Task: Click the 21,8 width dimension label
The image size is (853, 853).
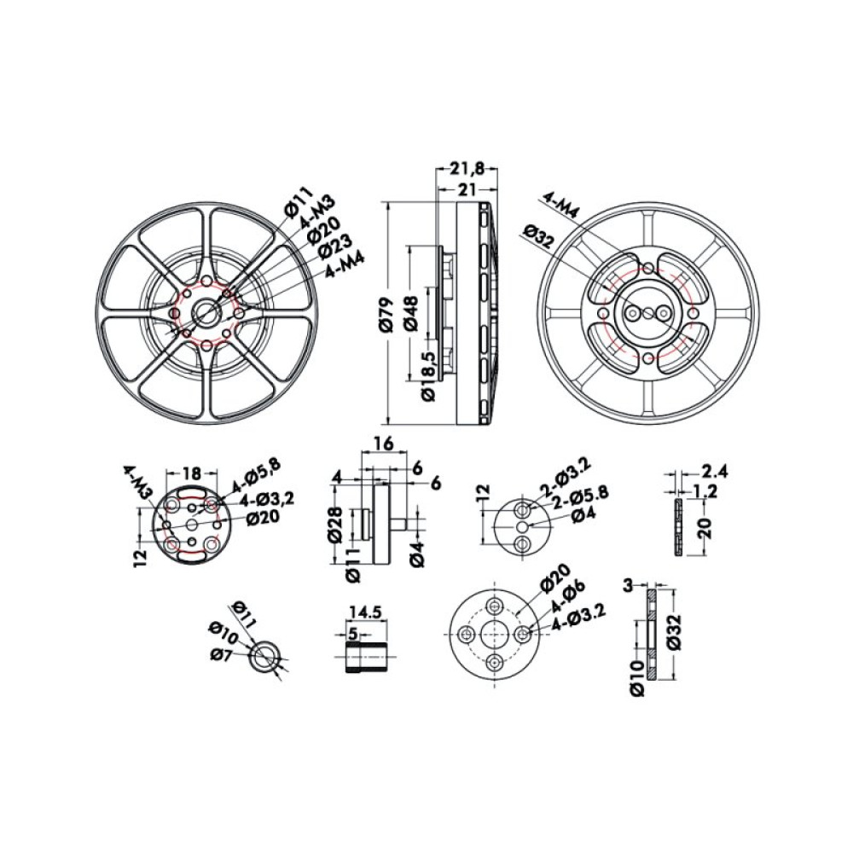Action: point(467,169)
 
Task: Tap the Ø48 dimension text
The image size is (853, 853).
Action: point(409,314)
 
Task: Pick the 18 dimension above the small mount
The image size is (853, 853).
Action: point(192,471)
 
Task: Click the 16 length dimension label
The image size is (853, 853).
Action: point(382,444)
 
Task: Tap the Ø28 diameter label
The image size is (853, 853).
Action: point(335,523)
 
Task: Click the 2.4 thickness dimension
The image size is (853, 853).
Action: point(714,471)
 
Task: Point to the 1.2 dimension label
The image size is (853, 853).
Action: point(705,491)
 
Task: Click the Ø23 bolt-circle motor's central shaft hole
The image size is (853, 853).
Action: point(206,312)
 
